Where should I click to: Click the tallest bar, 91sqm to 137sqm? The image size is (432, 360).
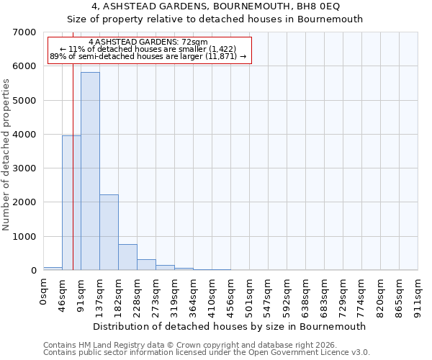pyautogui.click(x=90, y=171)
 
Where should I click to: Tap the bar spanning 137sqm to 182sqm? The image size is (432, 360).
pyautogui.click(x=109, y=232)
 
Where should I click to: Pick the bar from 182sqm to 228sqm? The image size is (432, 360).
pyautogui.click(x=127, y=257)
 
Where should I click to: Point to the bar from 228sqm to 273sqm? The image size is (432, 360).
pyautogui.click(x=146, y=264)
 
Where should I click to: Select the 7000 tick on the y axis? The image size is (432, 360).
pyautogui.click(x=24, y=32)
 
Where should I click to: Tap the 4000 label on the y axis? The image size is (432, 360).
pyautogui.click(x=24, y=135)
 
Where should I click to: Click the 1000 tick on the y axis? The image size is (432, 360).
pyautogui.click(x=24, y=237)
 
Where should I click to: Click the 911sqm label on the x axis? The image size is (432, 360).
pyautogui.click(x=418, y=293)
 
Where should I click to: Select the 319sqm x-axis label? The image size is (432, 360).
pyautogui.click(x=175, y=293)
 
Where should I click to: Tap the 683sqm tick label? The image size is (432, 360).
pyautogui.click(x=325, y=293)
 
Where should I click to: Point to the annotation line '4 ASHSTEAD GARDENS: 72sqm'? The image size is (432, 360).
pyautogui.click(x=148, y=42)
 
